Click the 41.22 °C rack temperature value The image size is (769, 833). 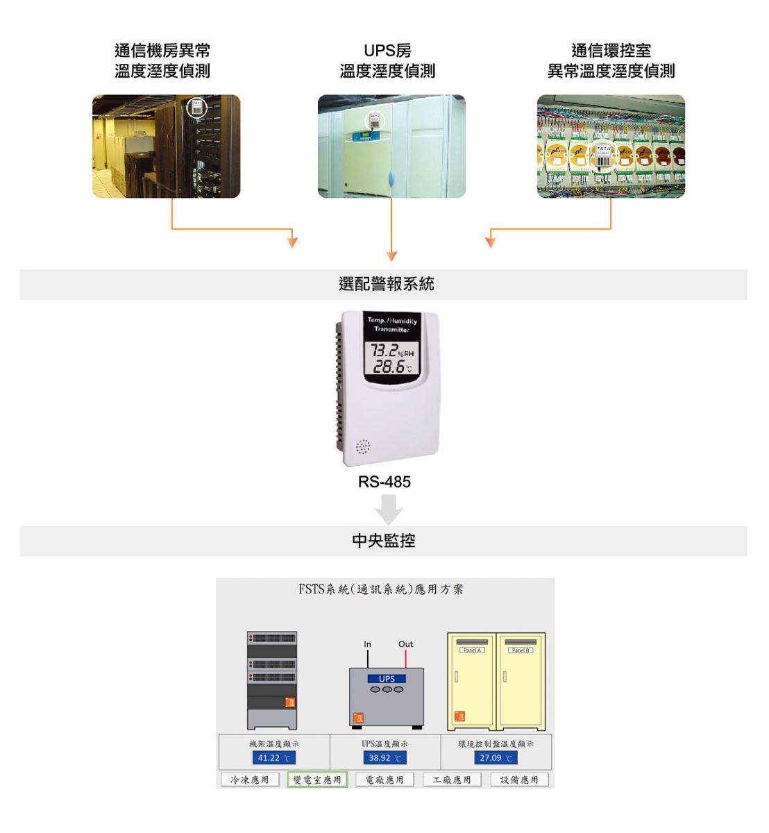pyautogui.click(x=273, y=758)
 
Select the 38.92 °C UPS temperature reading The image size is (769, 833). pyautogui.click(x=384, y=758)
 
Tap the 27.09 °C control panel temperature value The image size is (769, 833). pyautogui.click(x=496, y=758)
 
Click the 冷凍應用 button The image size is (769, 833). pyautogui.click(x=250, y=780)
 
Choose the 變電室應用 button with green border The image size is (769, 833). pyautogui.click(x=317, y=780)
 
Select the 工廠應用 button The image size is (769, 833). pyautogui.click(x=452, y=780)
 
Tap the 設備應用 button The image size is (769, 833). pyautogui.click(x=519, y=780)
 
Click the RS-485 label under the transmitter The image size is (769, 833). pyautogui.click(x=384, y=482)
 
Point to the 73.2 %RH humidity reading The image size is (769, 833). pyautogui.click(x=391, y=351)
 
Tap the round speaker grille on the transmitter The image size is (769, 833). pyautogui.click(x=363, y=447)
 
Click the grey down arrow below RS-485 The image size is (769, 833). pyautogui.click(x=389, y=510)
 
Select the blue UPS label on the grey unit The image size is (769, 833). pyautogui.click(x=387, y=679)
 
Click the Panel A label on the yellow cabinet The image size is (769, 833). pyautogui.click(x=472, y=650)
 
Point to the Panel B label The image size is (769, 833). pyautogui.click(x=521, y=650)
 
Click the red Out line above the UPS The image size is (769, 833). pyautogui.click(x=406, y=659)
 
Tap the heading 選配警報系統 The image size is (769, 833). pyautogui.click(x=386, y=284)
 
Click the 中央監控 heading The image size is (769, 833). pyautogui.click(x=384, y=541)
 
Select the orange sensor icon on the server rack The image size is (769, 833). pyautogui.click(x=290, y=702)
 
